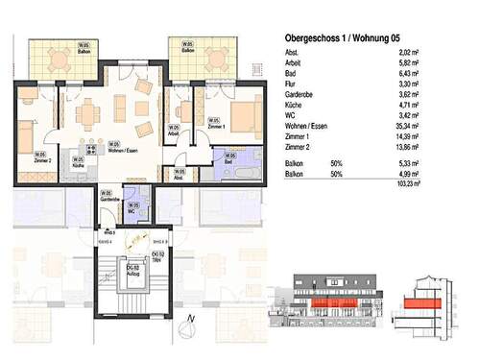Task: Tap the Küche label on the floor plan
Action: pyautogui.click(x=79, y=164)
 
